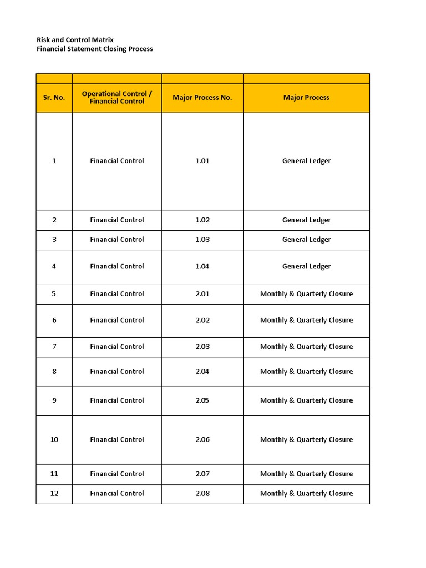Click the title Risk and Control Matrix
pos(75,40)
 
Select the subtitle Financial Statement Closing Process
pos(94,49)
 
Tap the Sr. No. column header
pos(54,98)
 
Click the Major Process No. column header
pos(202,98)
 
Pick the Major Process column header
pos(306,98)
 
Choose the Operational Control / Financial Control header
pos(116,98)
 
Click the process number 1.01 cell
pos(202,161)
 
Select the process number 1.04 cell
pos(202,267)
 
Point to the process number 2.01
pos(202,294)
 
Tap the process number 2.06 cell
pos(202,440)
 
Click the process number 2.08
pos(202,494)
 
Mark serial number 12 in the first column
pos(54,494)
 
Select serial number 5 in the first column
pos(54,294)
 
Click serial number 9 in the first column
pos(54,400)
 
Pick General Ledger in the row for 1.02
pos(306,220)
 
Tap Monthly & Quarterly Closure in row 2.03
pos(306,347)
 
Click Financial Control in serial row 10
pos(116,440)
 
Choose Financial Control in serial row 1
pos(116,161)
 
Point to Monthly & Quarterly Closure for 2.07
pos(306,474)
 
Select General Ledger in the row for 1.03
pos(306,240)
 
